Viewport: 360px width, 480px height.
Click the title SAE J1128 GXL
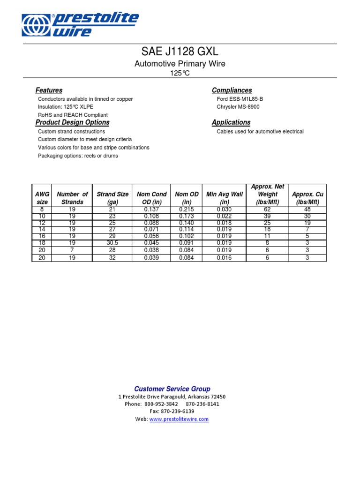point(180,51)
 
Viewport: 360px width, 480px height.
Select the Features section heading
point(49,90)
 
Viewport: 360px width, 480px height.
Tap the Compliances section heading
point(232,90)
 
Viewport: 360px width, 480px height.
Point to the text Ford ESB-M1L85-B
point(240,99)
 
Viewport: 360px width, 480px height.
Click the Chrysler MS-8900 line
point(238,107)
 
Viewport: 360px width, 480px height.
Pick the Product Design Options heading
point(72,122)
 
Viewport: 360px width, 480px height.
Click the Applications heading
point(231,122)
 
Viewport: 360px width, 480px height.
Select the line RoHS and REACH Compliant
point(73,115)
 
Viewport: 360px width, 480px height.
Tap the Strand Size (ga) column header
point(112,198)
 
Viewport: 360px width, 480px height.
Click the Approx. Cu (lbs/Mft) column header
point(307,198)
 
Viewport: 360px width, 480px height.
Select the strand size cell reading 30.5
point(112,243)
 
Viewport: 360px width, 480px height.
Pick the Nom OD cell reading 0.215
point(187,209)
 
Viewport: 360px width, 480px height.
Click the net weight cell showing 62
point(268,209)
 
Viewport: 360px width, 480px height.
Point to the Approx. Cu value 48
point(307,209)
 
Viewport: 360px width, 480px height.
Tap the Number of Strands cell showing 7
point(72,250)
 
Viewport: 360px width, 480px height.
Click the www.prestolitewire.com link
point(179,419)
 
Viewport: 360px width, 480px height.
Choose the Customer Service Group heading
point(172,389)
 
